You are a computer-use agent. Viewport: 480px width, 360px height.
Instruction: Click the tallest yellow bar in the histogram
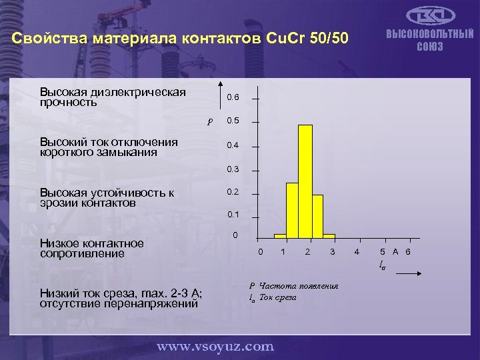click(x=305, y=180)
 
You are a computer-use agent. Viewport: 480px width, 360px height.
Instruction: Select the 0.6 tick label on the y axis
click(x=233, y=97)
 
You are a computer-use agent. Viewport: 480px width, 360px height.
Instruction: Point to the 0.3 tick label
click(x=233, y=169)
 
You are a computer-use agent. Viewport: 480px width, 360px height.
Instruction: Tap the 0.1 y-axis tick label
click(x=233, y=215)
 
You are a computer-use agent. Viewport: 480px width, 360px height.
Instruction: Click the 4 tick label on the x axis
click(x=357, y=251)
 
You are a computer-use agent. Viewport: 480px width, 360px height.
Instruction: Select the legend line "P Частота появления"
click(x=293, y=286)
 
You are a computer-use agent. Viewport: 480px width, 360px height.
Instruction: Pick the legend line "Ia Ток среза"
click(x=273, y=297)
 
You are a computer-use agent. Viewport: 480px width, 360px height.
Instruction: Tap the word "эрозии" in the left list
click(x=57, y=203)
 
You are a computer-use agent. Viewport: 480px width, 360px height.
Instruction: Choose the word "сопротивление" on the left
click(x=73, y=253)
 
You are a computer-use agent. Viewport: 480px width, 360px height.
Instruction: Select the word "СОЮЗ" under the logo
click(x=429, y=47)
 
